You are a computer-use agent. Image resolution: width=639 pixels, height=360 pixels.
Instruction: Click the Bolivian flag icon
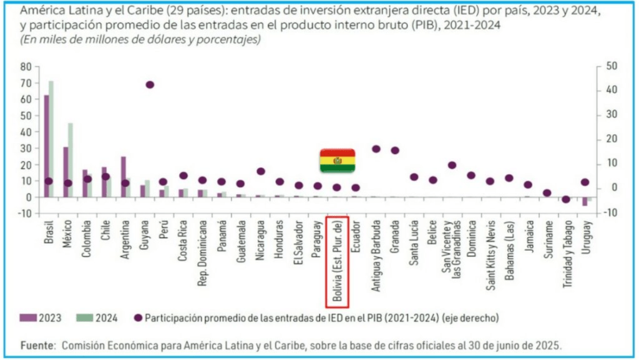point(338,161)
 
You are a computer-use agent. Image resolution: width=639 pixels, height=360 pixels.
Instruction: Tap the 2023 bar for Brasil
point(46,146)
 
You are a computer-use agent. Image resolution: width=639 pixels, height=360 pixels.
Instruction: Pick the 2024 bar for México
point(71,160)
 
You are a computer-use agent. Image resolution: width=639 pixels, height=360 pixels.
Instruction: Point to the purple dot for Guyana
point(149,85)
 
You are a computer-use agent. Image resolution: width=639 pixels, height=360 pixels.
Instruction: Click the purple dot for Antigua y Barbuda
point(376,148)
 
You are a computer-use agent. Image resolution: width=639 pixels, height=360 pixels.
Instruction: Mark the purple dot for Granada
point(395,150)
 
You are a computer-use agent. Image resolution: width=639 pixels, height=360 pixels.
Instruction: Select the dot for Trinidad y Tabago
point(566,199)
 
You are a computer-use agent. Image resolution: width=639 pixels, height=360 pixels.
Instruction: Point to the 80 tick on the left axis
point(26,66)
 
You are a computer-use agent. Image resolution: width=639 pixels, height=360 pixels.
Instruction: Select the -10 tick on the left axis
point(24,213)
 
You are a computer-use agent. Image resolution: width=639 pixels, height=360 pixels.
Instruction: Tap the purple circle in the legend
point(138,318)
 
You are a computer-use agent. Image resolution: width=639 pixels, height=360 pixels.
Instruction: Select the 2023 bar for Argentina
point(124,177)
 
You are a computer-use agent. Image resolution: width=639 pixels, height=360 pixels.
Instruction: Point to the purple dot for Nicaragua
point(261,171)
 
